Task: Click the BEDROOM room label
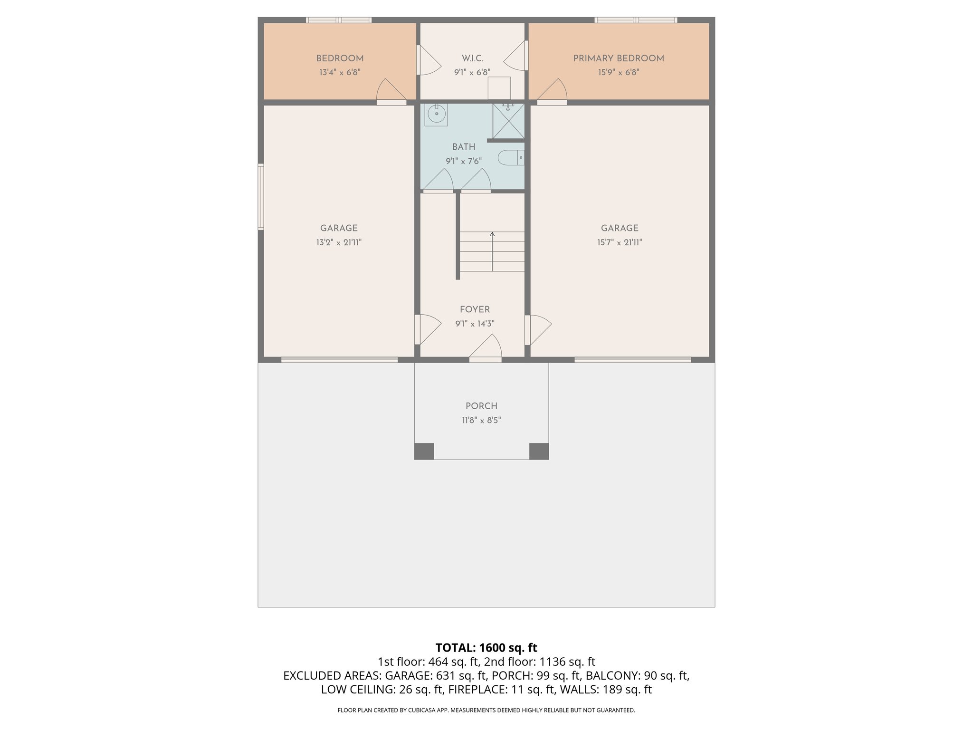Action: point(340,58)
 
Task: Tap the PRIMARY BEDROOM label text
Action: point(619,58)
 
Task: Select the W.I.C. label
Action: point(472,58)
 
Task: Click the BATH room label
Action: point(464,147)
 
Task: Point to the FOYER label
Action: point(475,309)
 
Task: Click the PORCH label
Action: point(481,406)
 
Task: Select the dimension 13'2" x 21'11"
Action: point(339,242)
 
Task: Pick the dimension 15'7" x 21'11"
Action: point(620,242)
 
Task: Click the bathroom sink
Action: point(436,114)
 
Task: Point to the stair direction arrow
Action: point(492,234)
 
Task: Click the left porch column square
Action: point(424,451)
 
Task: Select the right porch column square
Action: point(539,451)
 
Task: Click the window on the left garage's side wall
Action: point(261,197)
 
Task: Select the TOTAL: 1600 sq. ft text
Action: point(486,648)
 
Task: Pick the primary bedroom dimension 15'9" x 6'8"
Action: point(619,73)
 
